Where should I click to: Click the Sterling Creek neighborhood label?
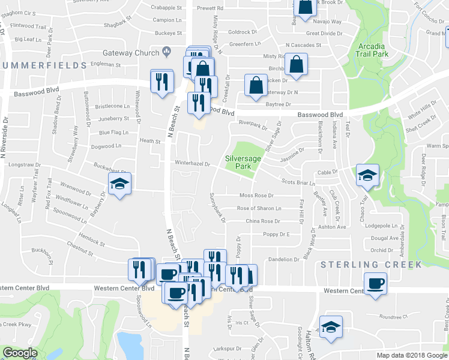pyautogui.click(x=359, y=264)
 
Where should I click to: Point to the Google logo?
pyautogui.click(x=20, y=353)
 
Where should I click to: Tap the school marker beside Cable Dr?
pyautogui.click(x=367, y=175)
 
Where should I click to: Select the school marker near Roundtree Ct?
pyautogui.click(x=330, y=327)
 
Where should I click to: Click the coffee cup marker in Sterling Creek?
pyautogui.click(x=376, y=283)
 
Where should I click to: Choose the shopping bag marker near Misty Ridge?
pyautogui.click(x=297, y=64)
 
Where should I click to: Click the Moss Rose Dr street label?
pyautogui.click(x=256, y=196)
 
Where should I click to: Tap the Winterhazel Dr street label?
pyautogui.click(x=191, y=163)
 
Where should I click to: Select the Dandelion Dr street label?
pyautogui.click(x=283, y=259)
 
